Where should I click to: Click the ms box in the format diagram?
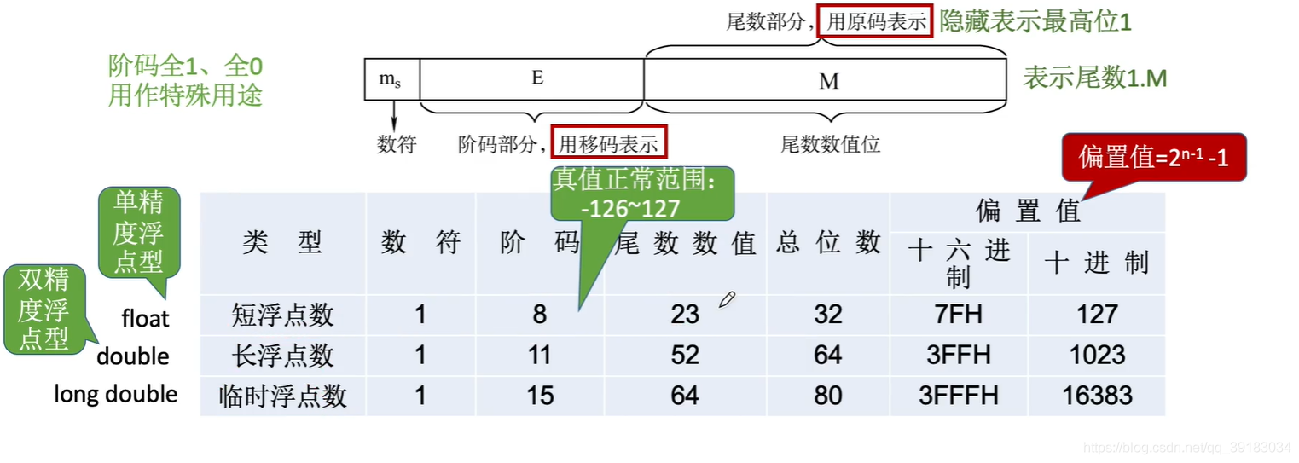click(x=391, y=79)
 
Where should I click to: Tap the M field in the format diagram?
click(x=828, y=81)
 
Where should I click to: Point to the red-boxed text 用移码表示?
click(x=608, y=144)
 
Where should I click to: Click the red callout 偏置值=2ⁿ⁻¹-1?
click(x=1152, y=156)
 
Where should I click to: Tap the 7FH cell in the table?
click(x=958, y=315)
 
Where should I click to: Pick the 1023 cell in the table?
click(x=1096, y=355)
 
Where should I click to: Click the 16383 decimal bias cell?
click(x=1096, y=395)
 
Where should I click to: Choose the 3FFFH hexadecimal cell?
click(x=958, y=395)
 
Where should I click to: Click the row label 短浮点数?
click(x=282, y=315)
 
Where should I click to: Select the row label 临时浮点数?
click(x=282, y=396)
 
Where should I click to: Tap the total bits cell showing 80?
click(x=827, y=395)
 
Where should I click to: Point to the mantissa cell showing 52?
click(x=685, y=355)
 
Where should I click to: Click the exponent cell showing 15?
click(x=539, y=395)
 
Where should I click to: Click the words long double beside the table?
click(x=116, y=394)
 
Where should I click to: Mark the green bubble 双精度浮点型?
click(x=43, y=310)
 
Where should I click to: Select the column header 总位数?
click(x=827, y=243)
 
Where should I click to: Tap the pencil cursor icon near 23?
click(x=727, y=299)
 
